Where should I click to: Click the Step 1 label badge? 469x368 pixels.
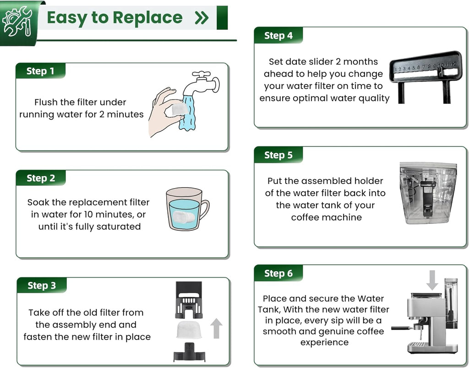point(40,71)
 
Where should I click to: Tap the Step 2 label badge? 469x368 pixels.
point(40,178)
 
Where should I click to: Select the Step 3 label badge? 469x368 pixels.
point(41,285)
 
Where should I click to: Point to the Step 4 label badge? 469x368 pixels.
point(278,36)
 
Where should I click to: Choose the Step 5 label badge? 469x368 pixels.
point(278,155)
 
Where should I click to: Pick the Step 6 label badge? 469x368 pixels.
point(278,273)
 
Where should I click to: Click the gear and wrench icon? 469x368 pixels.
point(17,21)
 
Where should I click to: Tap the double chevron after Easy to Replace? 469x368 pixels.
point(202,18)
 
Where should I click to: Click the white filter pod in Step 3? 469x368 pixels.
point(189,330)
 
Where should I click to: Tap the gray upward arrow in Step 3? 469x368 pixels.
point(216,329)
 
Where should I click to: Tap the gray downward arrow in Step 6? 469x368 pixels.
point(431,279)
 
